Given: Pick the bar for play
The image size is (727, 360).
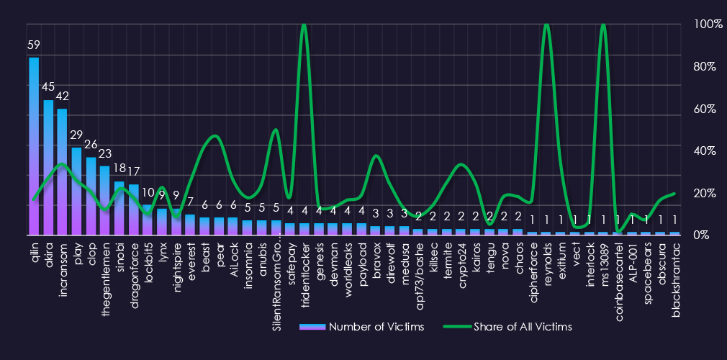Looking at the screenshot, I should (76, 191).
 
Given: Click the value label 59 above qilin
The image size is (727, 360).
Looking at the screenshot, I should (34, 45).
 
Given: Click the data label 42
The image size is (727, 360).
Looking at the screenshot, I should (62, 96).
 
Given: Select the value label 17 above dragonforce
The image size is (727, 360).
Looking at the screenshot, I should (133, 171).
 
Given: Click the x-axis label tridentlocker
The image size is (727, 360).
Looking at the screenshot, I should (304, 266).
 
